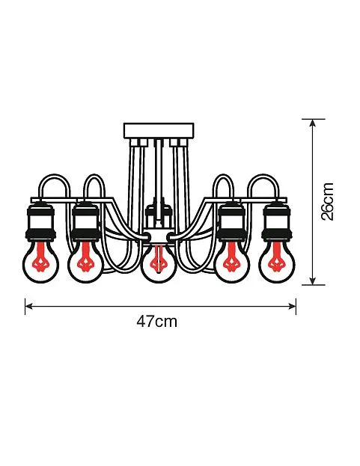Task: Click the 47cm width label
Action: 156,322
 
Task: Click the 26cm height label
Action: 328,201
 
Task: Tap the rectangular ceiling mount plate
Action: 159,130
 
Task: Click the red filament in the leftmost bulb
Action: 40,258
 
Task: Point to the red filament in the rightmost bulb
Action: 277,258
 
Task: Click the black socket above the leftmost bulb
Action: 40,220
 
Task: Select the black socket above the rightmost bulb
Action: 277,220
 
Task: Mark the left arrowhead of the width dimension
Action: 28,306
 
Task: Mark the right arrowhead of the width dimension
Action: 293,306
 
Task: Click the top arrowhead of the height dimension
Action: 312,123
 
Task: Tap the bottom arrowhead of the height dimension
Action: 312,280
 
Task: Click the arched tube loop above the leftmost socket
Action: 55,175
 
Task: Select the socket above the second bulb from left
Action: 86,220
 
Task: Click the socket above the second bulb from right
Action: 233,220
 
